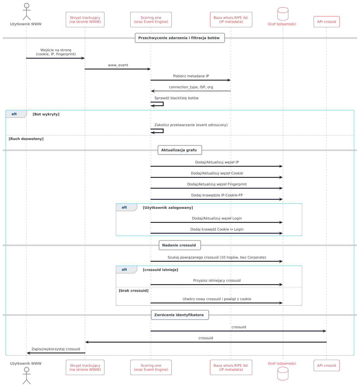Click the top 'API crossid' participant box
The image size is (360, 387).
[x=326, y=22]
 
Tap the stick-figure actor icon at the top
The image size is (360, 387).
[x=26, y=12]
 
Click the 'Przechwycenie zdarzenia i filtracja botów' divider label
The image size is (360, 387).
[x=179, y=38]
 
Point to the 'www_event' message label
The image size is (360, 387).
[x=118, y=65]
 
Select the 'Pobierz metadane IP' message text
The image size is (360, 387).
[x=191, y=76]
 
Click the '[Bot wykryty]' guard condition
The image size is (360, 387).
[x=46, y=114]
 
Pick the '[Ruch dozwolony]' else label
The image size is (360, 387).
[x=26, y=139]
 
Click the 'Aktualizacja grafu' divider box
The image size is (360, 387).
[x=179, y=150]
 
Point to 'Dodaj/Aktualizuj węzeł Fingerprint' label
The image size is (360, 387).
[x=217, y=184]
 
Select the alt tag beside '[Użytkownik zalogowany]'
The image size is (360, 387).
[x=124, y=208]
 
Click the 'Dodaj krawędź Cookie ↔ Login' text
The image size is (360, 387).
[x=217, y=229]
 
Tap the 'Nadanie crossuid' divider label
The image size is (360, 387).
[x=179, y=245]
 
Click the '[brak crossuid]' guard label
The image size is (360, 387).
[x=134, y=291]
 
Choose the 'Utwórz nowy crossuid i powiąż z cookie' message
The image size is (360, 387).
[x=217, y=299]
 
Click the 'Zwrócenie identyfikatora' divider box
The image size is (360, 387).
[x=179, y=315]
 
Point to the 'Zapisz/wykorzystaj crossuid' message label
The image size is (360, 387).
[x=56, y=349]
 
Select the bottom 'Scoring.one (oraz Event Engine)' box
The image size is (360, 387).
[x=151, y=368]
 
